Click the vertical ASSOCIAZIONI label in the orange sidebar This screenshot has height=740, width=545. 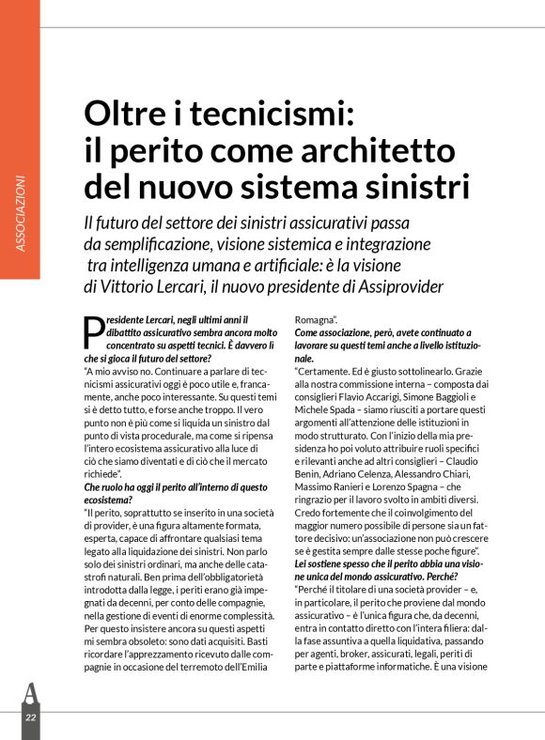coord(20,213)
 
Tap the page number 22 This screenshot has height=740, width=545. coord(30,717)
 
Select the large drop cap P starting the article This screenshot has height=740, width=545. coord(93,333)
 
